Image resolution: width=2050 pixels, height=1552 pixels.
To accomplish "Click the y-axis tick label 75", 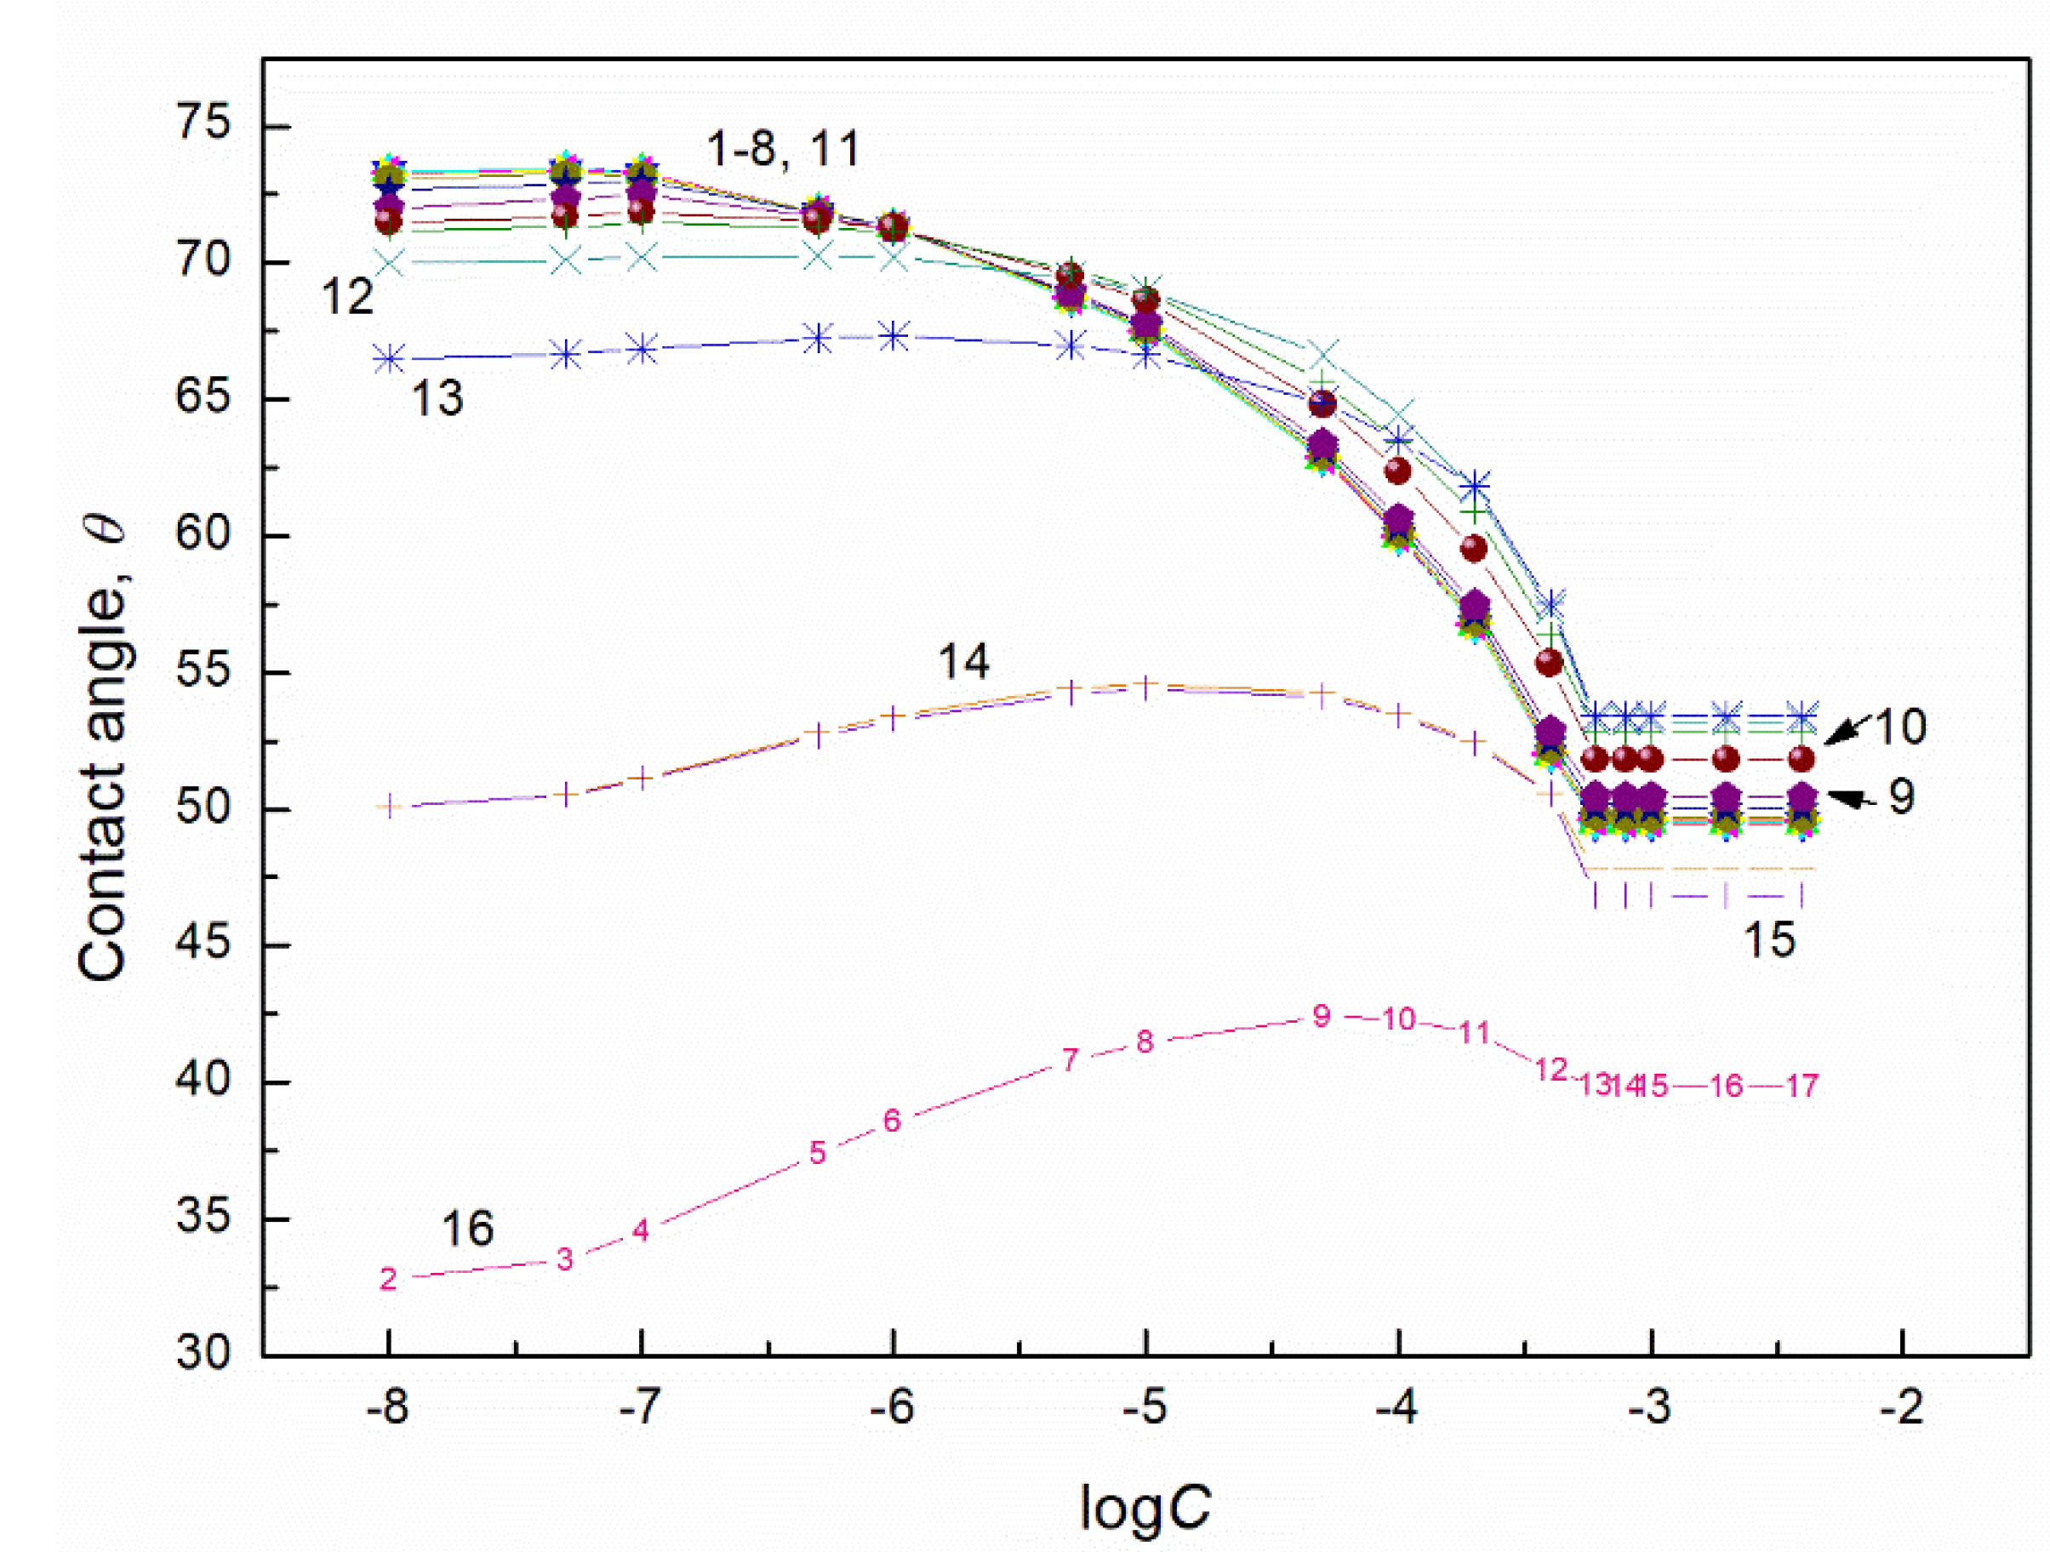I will click(203, 124).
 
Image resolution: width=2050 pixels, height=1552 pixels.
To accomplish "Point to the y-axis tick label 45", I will click(203, 944).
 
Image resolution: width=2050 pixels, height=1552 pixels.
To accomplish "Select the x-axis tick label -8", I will click(387, 1407).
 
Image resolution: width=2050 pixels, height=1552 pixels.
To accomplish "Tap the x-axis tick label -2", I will click(1902, 1407).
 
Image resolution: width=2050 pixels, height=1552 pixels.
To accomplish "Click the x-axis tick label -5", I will click(1145, 1407).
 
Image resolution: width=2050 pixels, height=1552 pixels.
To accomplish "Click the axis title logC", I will click(1145, 1507).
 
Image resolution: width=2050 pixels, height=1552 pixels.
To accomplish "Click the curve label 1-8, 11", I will click(783, 148).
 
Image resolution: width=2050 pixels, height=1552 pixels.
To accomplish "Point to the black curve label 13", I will click(437, 398).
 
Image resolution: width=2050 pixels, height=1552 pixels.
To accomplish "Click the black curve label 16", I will click(467, 1229).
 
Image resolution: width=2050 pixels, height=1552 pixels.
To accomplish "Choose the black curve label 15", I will click(1769, 939).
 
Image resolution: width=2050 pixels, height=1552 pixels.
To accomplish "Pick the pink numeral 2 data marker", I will click(388, 1279).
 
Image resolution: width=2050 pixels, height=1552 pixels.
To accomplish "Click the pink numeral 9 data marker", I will click(1322, 1017).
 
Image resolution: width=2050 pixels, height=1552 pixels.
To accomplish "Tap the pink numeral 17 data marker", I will click(1802, 1085).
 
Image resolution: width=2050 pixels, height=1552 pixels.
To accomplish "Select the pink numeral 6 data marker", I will click(892, 1121).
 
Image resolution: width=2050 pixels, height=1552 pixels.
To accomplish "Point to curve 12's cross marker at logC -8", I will click(389, 262).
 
